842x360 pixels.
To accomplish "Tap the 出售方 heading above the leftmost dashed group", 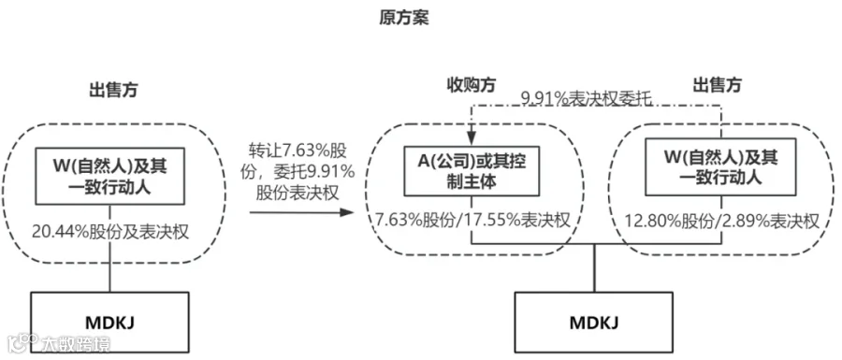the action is click(113, 90).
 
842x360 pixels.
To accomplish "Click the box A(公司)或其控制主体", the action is click(472, 170).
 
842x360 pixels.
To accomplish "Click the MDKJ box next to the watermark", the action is click(110, 323).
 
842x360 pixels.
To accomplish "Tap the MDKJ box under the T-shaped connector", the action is click(594, 323).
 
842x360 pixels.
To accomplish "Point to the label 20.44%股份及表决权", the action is click(110, 231).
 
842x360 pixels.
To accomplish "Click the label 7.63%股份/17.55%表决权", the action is click(472, 221).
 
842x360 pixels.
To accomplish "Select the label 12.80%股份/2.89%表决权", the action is click(722, 221).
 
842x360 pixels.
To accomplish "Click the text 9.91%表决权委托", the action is click(586, 99).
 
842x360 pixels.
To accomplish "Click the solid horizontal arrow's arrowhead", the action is click(348, 212).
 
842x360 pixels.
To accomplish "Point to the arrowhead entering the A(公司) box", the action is click(472, 140).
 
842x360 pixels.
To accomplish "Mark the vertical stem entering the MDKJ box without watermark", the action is click(594, 268).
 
